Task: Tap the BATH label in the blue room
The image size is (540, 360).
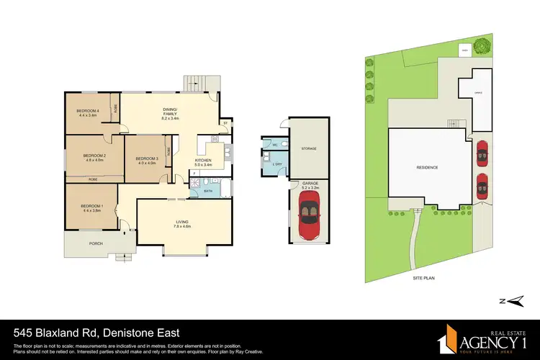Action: (208, 191)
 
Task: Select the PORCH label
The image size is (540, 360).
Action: (96, 243)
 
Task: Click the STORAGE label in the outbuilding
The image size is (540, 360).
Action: (309, 149)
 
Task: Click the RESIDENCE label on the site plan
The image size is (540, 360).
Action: (427, 167)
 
